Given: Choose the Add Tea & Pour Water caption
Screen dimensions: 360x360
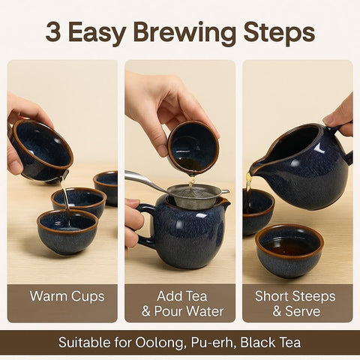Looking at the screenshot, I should pyautogui.click(x=180, y=303).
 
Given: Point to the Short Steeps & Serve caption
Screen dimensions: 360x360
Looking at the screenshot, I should pyautogui.click(x=297, y=303).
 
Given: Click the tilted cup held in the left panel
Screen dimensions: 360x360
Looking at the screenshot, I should pyautogui.click(x=41, y=149).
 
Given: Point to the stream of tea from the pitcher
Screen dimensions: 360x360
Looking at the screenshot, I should pyautogui.click(x=248, y=184).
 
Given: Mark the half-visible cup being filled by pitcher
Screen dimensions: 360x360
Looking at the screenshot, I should pyautogui.click(x=256, y=210).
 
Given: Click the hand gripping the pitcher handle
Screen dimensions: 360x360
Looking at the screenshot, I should pyautogui.click(x=341, y=116).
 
